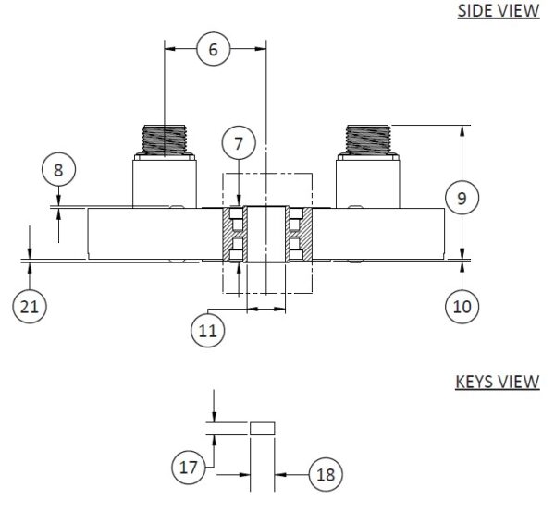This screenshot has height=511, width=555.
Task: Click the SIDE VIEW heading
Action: [x=498, y=12]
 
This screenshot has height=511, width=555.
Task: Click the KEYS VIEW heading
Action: [x=498, y=383]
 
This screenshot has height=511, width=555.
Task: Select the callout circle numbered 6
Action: [x=213, y=50]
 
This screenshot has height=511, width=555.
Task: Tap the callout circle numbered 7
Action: [x=239, y=144]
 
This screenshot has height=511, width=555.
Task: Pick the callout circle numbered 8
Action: [x=59, y=170]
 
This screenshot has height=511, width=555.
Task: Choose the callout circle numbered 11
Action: [x=210, y=329]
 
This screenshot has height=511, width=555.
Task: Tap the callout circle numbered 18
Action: [x=324, y=474]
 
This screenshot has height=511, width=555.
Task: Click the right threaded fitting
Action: [x=367, y=140]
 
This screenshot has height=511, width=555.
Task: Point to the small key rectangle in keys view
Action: [x=263, y=428]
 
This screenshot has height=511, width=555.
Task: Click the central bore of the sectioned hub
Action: [x=265, y=235]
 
